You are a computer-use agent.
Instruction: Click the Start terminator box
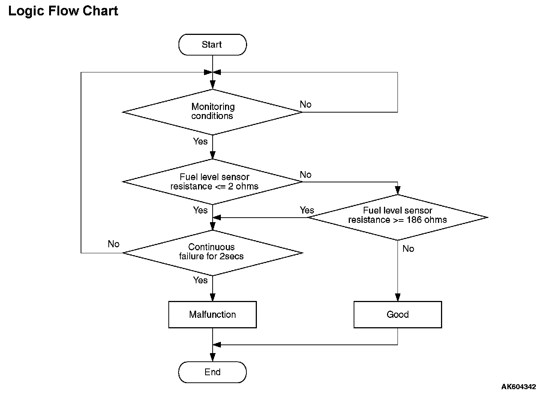[213, 45]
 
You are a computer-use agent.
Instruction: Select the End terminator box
[213, 372]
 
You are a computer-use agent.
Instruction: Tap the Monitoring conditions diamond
[213, 112]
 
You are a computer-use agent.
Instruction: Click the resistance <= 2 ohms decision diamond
[213, 182]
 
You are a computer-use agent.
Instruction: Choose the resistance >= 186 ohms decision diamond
[397, 217]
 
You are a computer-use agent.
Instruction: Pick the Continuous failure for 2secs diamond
[213, 253]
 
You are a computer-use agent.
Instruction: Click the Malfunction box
[213, 314]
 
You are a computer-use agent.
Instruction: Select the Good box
[397, 314]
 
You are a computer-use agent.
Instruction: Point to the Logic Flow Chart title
[63, 11]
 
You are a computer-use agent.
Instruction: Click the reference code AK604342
[519, 386]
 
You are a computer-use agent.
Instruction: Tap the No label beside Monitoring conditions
[306, 104]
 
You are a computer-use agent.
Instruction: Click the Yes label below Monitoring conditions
[200, 141]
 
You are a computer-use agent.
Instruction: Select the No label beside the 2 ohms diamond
[306, 175]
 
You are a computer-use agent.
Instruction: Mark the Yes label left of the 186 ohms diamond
[307, 210]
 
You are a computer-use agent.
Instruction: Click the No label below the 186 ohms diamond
[408, 249]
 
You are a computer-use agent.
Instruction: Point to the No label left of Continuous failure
[114, 244]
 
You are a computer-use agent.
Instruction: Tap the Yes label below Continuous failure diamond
[200, 280]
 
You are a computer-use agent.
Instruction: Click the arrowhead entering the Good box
[397, 298]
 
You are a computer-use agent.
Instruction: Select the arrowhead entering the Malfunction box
[213, 298]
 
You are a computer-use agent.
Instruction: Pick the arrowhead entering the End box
[213, 358]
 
